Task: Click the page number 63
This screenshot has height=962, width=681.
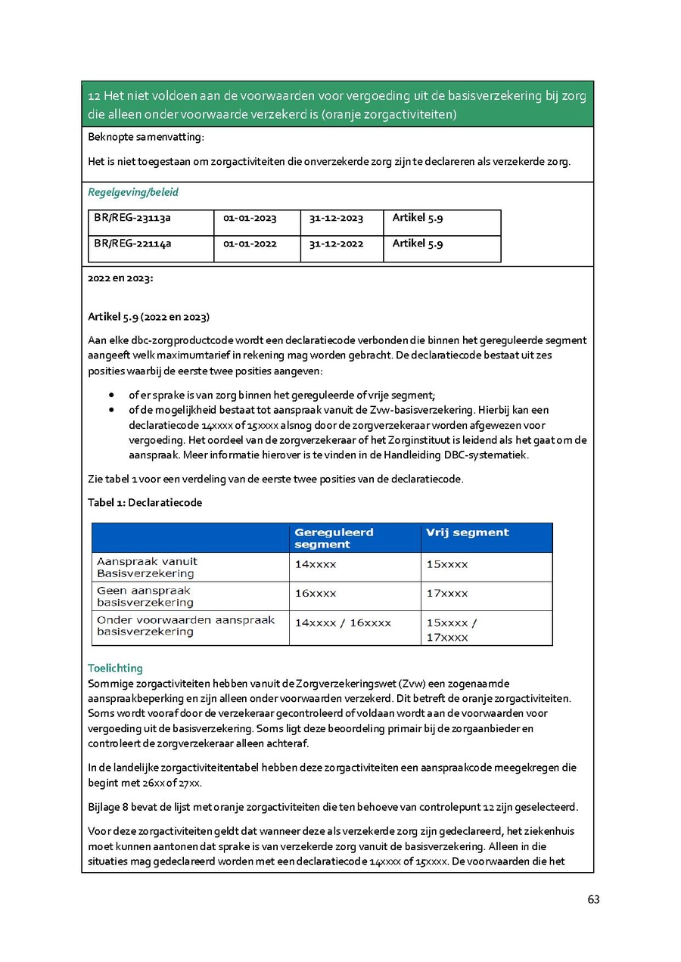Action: pos(593,899)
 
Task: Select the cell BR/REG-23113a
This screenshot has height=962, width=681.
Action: pos(132,219)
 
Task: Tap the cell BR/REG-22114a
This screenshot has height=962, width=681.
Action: pos(132,244)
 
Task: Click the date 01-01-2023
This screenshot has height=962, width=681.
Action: pos(250,219)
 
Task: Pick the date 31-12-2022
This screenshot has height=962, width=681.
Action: pos(336,244)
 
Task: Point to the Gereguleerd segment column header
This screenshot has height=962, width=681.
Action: pos(334,538)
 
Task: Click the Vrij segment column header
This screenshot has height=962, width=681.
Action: pos(468,532)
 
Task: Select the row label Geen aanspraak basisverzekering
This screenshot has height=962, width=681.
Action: pos(145,596)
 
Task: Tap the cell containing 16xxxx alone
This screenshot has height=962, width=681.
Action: pos(316,594)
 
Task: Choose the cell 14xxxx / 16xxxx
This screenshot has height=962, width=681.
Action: pos(343,623)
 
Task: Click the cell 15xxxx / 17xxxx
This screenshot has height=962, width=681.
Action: pos(452,630)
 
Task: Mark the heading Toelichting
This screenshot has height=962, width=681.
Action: pos(115,669)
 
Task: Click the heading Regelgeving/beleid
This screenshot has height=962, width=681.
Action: pos(133,192)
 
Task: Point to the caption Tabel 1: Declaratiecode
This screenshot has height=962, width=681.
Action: pos(145,502)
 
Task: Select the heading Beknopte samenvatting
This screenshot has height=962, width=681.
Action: pos(146,137)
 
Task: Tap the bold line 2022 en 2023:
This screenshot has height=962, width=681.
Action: pos(120,278)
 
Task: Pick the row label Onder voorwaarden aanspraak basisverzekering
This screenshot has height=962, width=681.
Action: pos(185,625)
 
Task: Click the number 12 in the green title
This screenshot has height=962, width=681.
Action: pos(95,97)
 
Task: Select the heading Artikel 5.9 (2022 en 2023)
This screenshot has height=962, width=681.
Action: pos(148,316)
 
